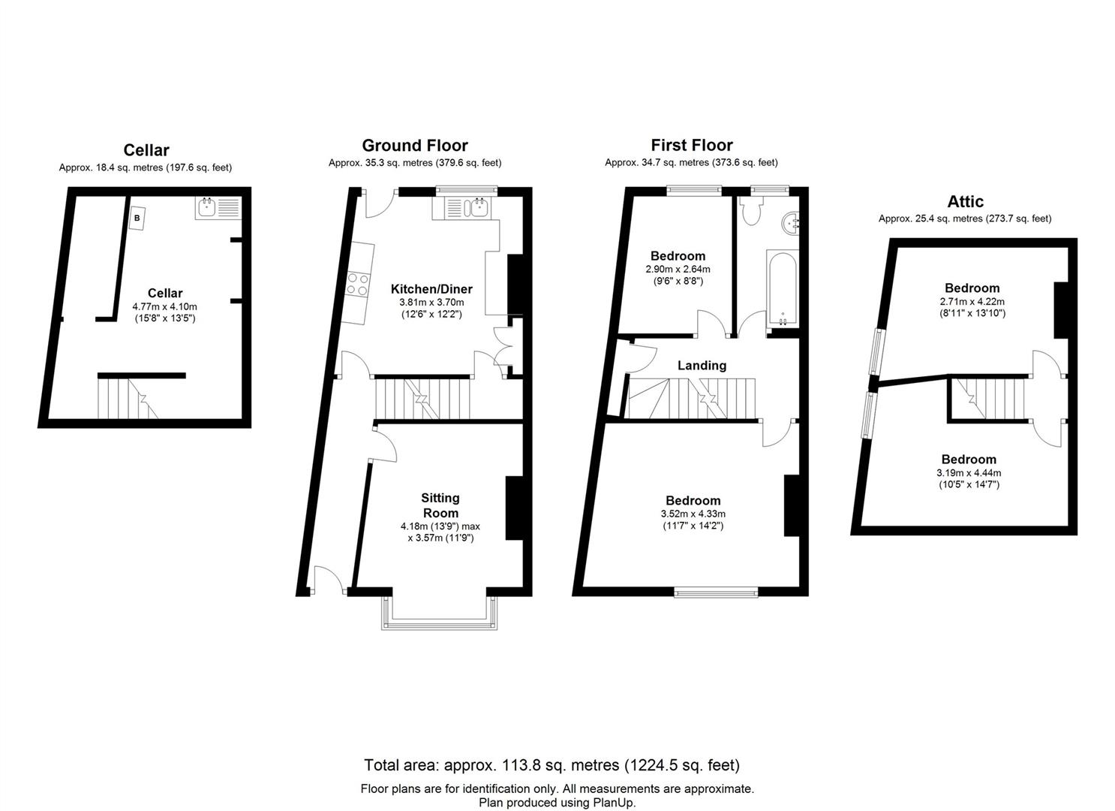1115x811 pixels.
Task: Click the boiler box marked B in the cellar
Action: (x=137, y=219)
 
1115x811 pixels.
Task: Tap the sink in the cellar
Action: (x=218, y=207)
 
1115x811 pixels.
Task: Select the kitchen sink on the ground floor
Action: (x=461, y=208)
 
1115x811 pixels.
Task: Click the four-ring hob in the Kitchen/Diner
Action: (x=357, y=284)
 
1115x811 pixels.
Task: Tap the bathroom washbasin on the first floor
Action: (x=792, y=223)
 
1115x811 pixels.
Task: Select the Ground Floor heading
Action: (x=414, y=146)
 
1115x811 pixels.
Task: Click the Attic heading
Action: (x=965, y=201)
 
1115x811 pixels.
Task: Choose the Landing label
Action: (x=702, y=366)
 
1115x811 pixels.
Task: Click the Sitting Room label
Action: (x=440, y=505)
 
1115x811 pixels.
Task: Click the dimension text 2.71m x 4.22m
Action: (x=972, y=301)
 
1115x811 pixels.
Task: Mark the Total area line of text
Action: (x=551, y=765)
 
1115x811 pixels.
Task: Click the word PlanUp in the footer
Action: (x=614, y=803)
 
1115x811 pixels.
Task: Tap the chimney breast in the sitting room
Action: (x=514, y=508)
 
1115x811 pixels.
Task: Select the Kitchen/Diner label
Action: (x=431, y=289)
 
